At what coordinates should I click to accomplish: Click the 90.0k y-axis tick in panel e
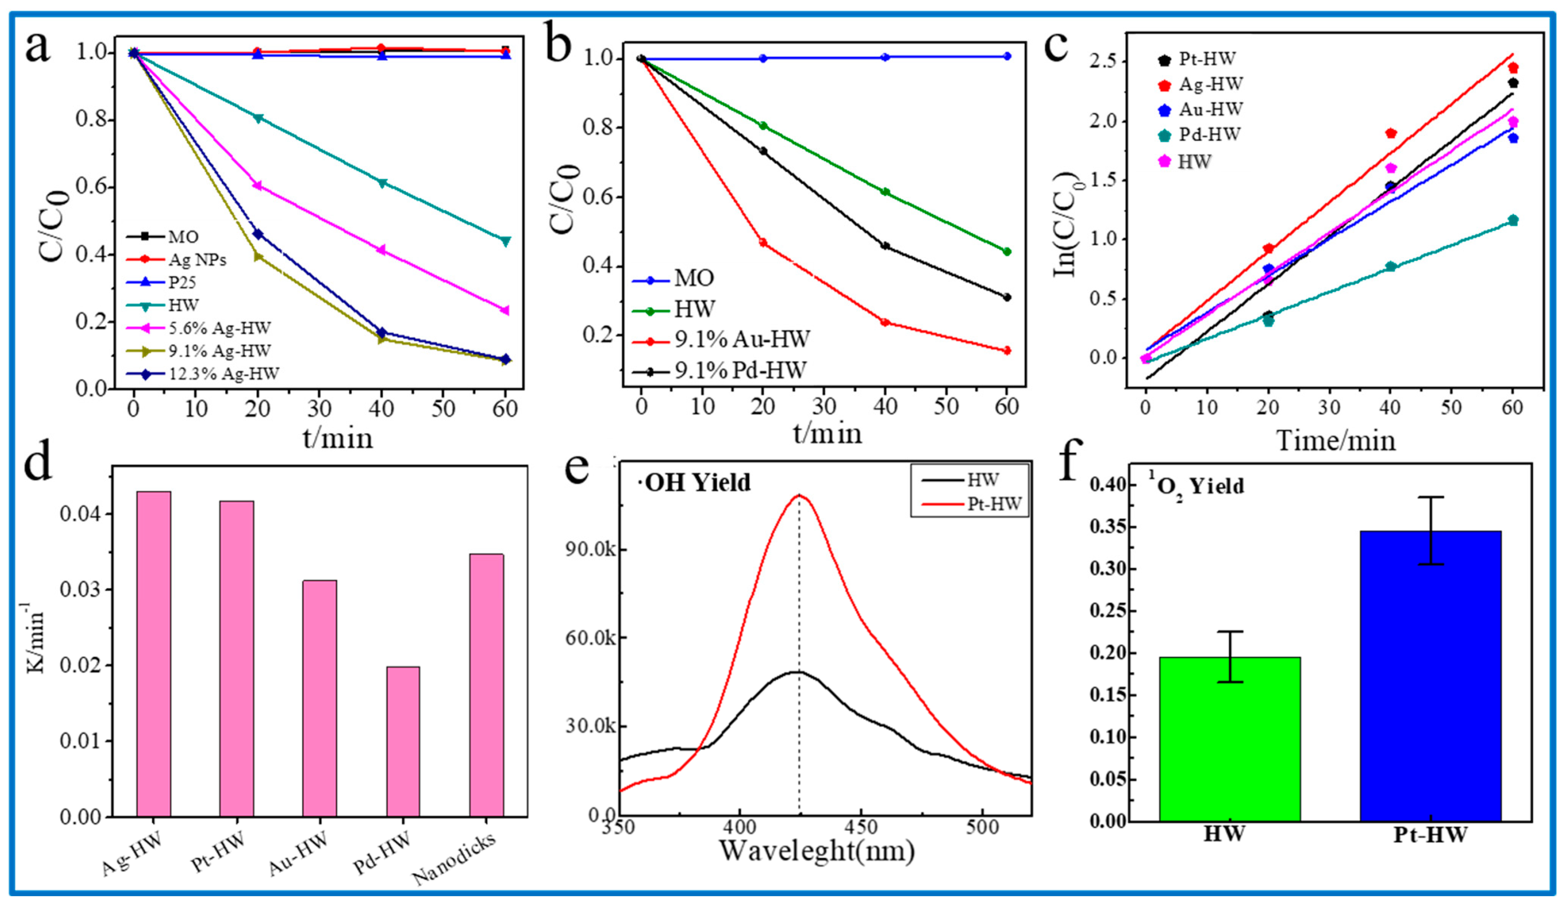[x=590, y=550]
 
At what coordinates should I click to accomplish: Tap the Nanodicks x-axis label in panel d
[x=456, y=859]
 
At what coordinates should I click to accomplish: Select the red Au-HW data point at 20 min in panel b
[x=763, y=243]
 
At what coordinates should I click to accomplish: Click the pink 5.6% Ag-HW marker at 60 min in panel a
[x=505, y=310]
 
